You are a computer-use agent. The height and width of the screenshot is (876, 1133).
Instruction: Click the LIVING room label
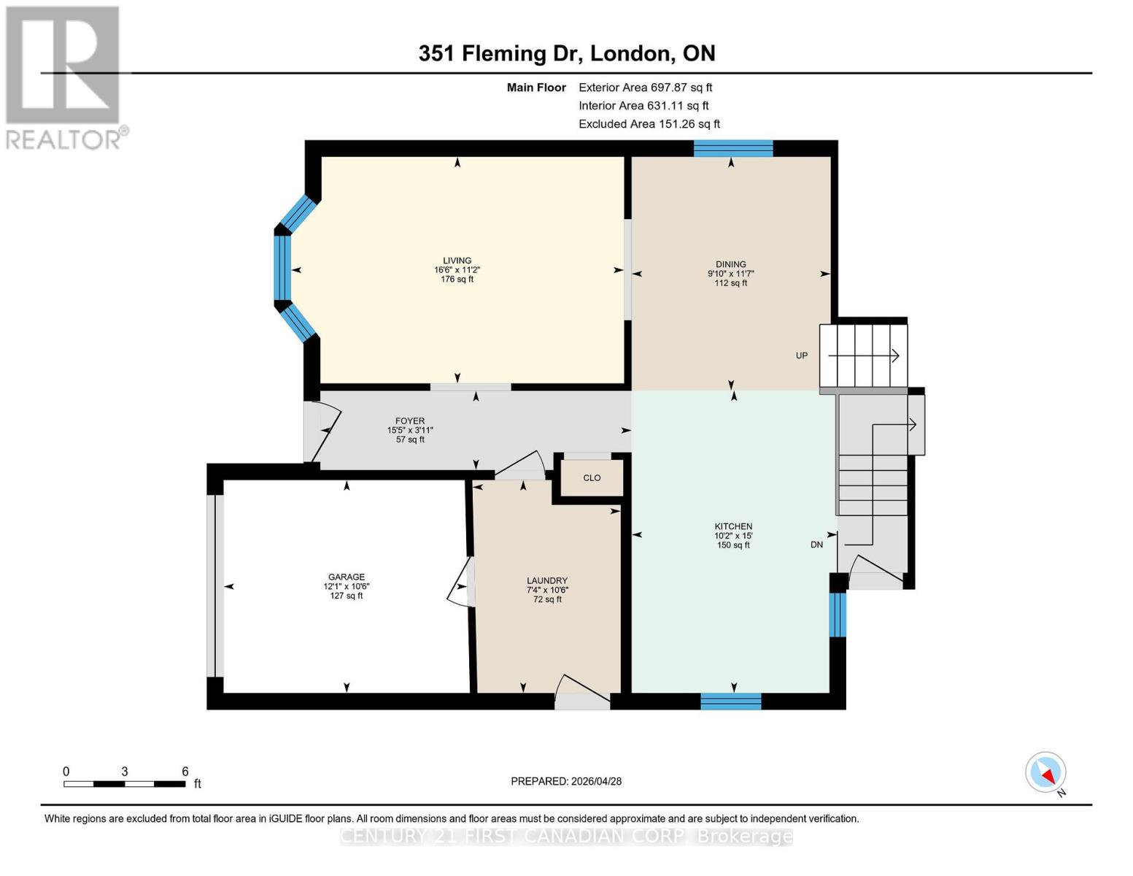(457, 261)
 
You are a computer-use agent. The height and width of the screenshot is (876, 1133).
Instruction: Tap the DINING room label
(730, 264)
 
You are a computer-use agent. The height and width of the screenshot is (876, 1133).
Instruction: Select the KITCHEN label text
(733, 526)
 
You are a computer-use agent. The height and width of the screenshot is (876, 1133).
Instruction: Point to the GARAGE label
(346, 577)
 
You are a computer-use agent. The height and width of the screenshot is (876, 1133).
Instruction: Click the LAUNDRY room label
(547, 580)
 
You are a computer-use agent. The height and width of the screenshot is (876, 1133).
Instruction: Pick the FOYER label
(410, 421)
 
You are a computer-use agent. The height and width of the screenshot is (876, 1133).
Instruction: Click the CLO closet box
(592, 478)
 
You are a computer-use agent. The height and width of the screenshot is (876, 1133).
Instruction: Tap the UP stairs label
(802, 356)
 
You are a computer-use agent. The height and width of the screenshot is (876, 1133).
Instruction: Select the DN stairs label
(816, 545)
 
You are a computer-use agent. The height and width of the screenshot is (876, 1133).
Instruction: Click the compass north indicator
(1046, 772)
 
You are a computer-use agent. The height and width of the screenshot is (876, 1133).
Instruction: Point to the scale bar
(124, 784)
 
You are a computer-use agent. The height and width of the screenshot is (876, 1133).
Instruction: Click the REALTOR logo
(64, 77)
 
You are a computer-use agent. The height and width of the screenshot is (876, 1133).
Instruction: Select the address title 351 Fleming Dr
(566, 53)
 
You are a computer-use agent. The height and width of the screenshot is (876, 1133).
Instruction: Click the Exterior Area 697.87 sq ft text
(645, 87)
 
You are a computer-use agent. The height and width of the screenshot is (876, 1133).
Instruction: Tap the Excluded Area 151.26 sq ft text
(649, 124)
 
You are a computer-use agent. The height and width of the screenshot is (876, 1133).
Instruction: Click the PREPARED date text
(566, 781)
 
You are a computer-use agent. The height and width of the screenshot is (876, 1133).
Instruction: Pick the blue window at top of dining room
(732, 148)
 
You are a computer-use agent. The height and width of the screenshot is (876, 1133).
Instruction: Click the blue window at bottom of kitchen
(730, 702)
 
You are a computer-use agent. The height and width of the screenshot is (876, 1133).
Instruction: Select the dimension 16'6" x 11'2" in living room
(457, 270)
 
